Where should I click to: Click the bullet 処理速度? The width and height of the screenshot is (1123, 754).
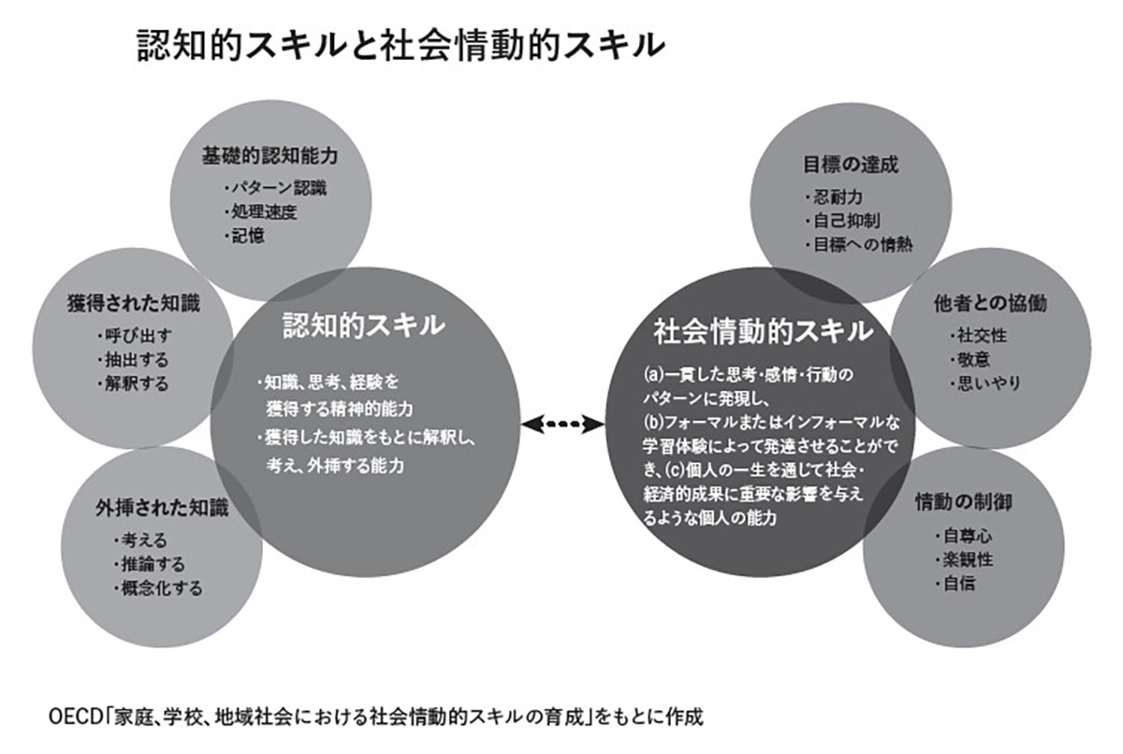263,211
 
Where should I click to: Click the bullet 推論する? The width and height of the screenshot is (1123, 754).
152,564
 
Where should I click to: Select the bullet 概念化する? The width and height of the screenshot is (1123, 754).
160,588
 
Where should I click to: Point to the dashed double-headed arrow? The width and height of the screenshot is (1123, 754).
562,424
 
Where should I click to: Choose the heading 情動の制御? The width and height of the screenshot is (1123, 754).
964,503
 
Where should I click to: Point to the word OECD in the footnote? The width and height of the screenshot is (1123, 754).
68,718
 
